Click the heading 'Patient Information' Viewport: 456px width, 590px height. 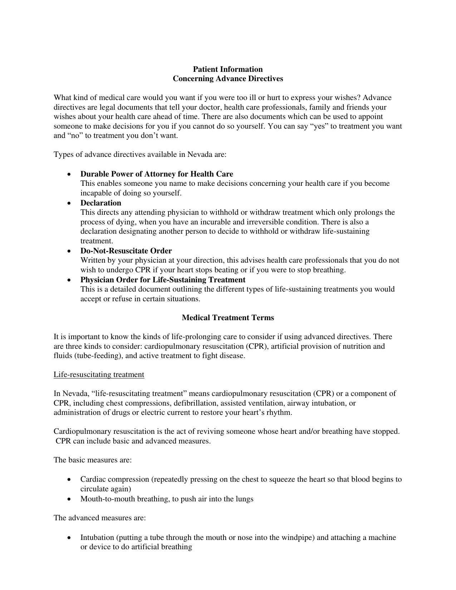[228, 69]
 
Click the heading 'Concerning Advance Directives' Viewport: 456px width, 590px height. [228, 79]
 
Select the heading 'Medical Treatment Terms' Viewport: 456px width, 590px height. [228, 318]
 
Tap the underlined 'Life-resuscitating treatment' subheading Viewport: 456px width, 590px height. [99, 375]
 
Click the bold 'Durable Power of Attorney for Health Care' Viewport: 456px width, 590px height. [157, 174]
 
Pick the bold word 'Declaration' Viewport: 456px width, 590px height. [101, 203]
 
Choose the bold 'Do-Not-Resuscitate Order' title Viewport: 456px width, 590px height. [126, 251]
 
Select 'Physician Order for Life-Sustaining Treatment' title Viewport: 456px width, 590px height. [163, 280]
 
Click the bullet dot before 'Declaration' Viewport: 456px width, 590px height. [69, 203]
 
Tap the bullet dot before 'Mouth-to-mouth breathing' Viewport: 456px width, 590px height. [69, 499]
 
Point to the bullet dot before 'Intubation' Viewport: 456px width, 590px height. [69, 538]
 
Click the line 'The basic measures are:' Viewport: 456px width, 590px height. [93, 460]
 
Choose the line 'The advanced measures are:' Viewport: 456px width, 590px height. [99, 518]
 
